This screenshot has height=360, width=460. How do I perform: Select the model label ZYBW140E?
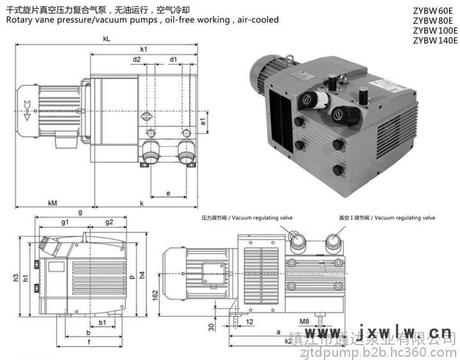(x=435, y=40)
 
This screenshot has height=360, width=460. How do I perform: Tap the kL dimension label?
(x=107, y=39)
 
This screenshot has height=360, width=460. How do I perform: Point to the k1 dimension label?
(x=144, y=49)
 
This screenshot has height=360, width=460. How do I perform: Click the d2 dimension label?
(x=137, y=59)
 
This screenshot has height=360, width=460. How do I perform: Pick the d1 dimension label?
(x=173, y=59)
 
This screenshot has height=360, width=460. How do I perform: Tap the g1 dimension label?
(x=65, y=222)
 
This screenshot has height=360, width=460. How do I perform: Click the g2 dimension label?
(x=109, y=222)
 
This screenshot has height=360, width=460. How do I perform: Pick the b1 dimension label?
(x=102, y=323)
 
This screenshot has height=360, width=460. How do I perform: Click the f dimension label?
(x=88, y=341)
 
